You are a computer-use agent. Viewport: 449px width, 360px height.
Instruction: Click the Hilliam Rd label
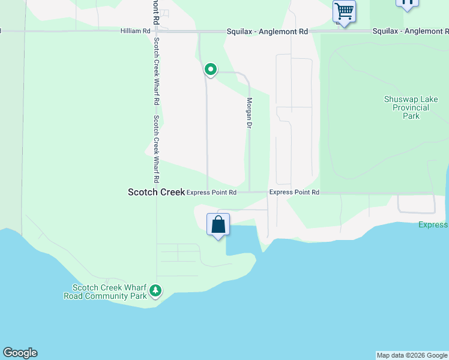(x=134, y=31)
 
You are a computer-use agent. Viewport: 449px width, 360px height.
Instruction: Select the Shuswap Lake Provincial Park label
(x=411, y=107)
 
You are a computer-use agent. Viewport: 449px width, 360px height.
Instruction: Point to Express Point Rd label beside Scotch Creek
(x=211, y=193)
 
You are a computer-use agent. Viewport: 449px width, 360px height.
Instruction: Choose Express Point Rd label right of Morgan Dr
(x=294, y=192)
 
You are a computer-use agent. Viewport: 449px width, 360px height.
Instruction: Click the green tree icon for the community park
(x=155, y=291)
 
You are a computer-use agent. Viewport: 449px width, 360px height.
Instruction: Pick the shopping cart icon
(x=345, y=10)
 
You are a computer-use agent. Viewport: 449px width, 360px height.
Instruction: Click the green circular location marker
(x=211, y=70)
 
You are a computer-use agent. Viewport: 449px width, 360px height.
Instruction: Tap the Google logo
(x=20, y=353)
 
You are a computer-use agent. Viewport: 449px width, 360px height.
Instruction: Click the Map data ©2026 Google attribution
(x=412, y=355)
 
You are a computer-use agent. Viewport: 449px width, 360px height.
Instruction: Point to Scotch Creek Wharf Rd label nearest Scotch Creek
(x=155, y=149)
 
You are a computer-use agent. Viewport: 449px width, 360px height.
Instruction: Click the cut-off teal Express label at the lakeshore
(x=433, y=224)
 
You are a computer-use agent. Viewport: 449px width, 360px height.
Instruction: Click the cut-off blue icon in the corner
(x=407, y=4)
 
